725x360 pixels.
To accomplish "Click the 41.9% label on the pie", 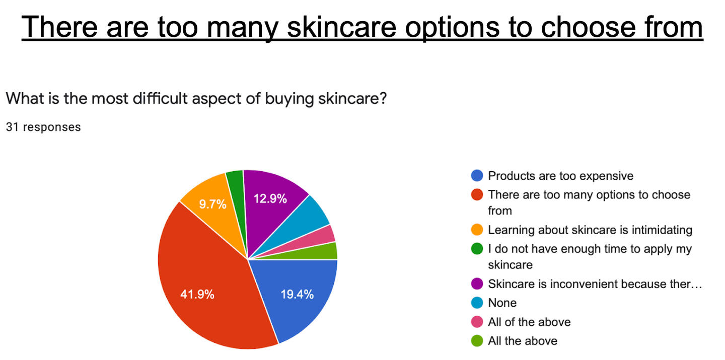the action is pos(197,294).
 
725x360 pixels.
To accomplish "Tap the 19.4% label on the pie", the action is pos(297,294).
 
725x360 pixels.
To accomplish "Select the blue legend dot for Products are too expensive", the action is pos(477,176).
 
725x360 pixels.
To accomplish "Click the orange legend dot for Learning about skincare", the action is pos(477,230).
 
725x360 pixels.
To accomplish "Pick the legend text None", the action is pos(502,303).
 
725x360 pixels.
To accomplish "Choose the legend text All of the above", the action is pos(530,322).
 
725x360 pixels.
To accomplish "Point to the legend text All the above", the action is pos(523,341).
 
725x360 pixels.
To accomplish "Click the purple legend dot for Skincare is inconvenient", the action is pos(477,284).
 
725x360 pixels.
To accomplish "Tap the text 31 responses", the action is pos(43,127).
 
